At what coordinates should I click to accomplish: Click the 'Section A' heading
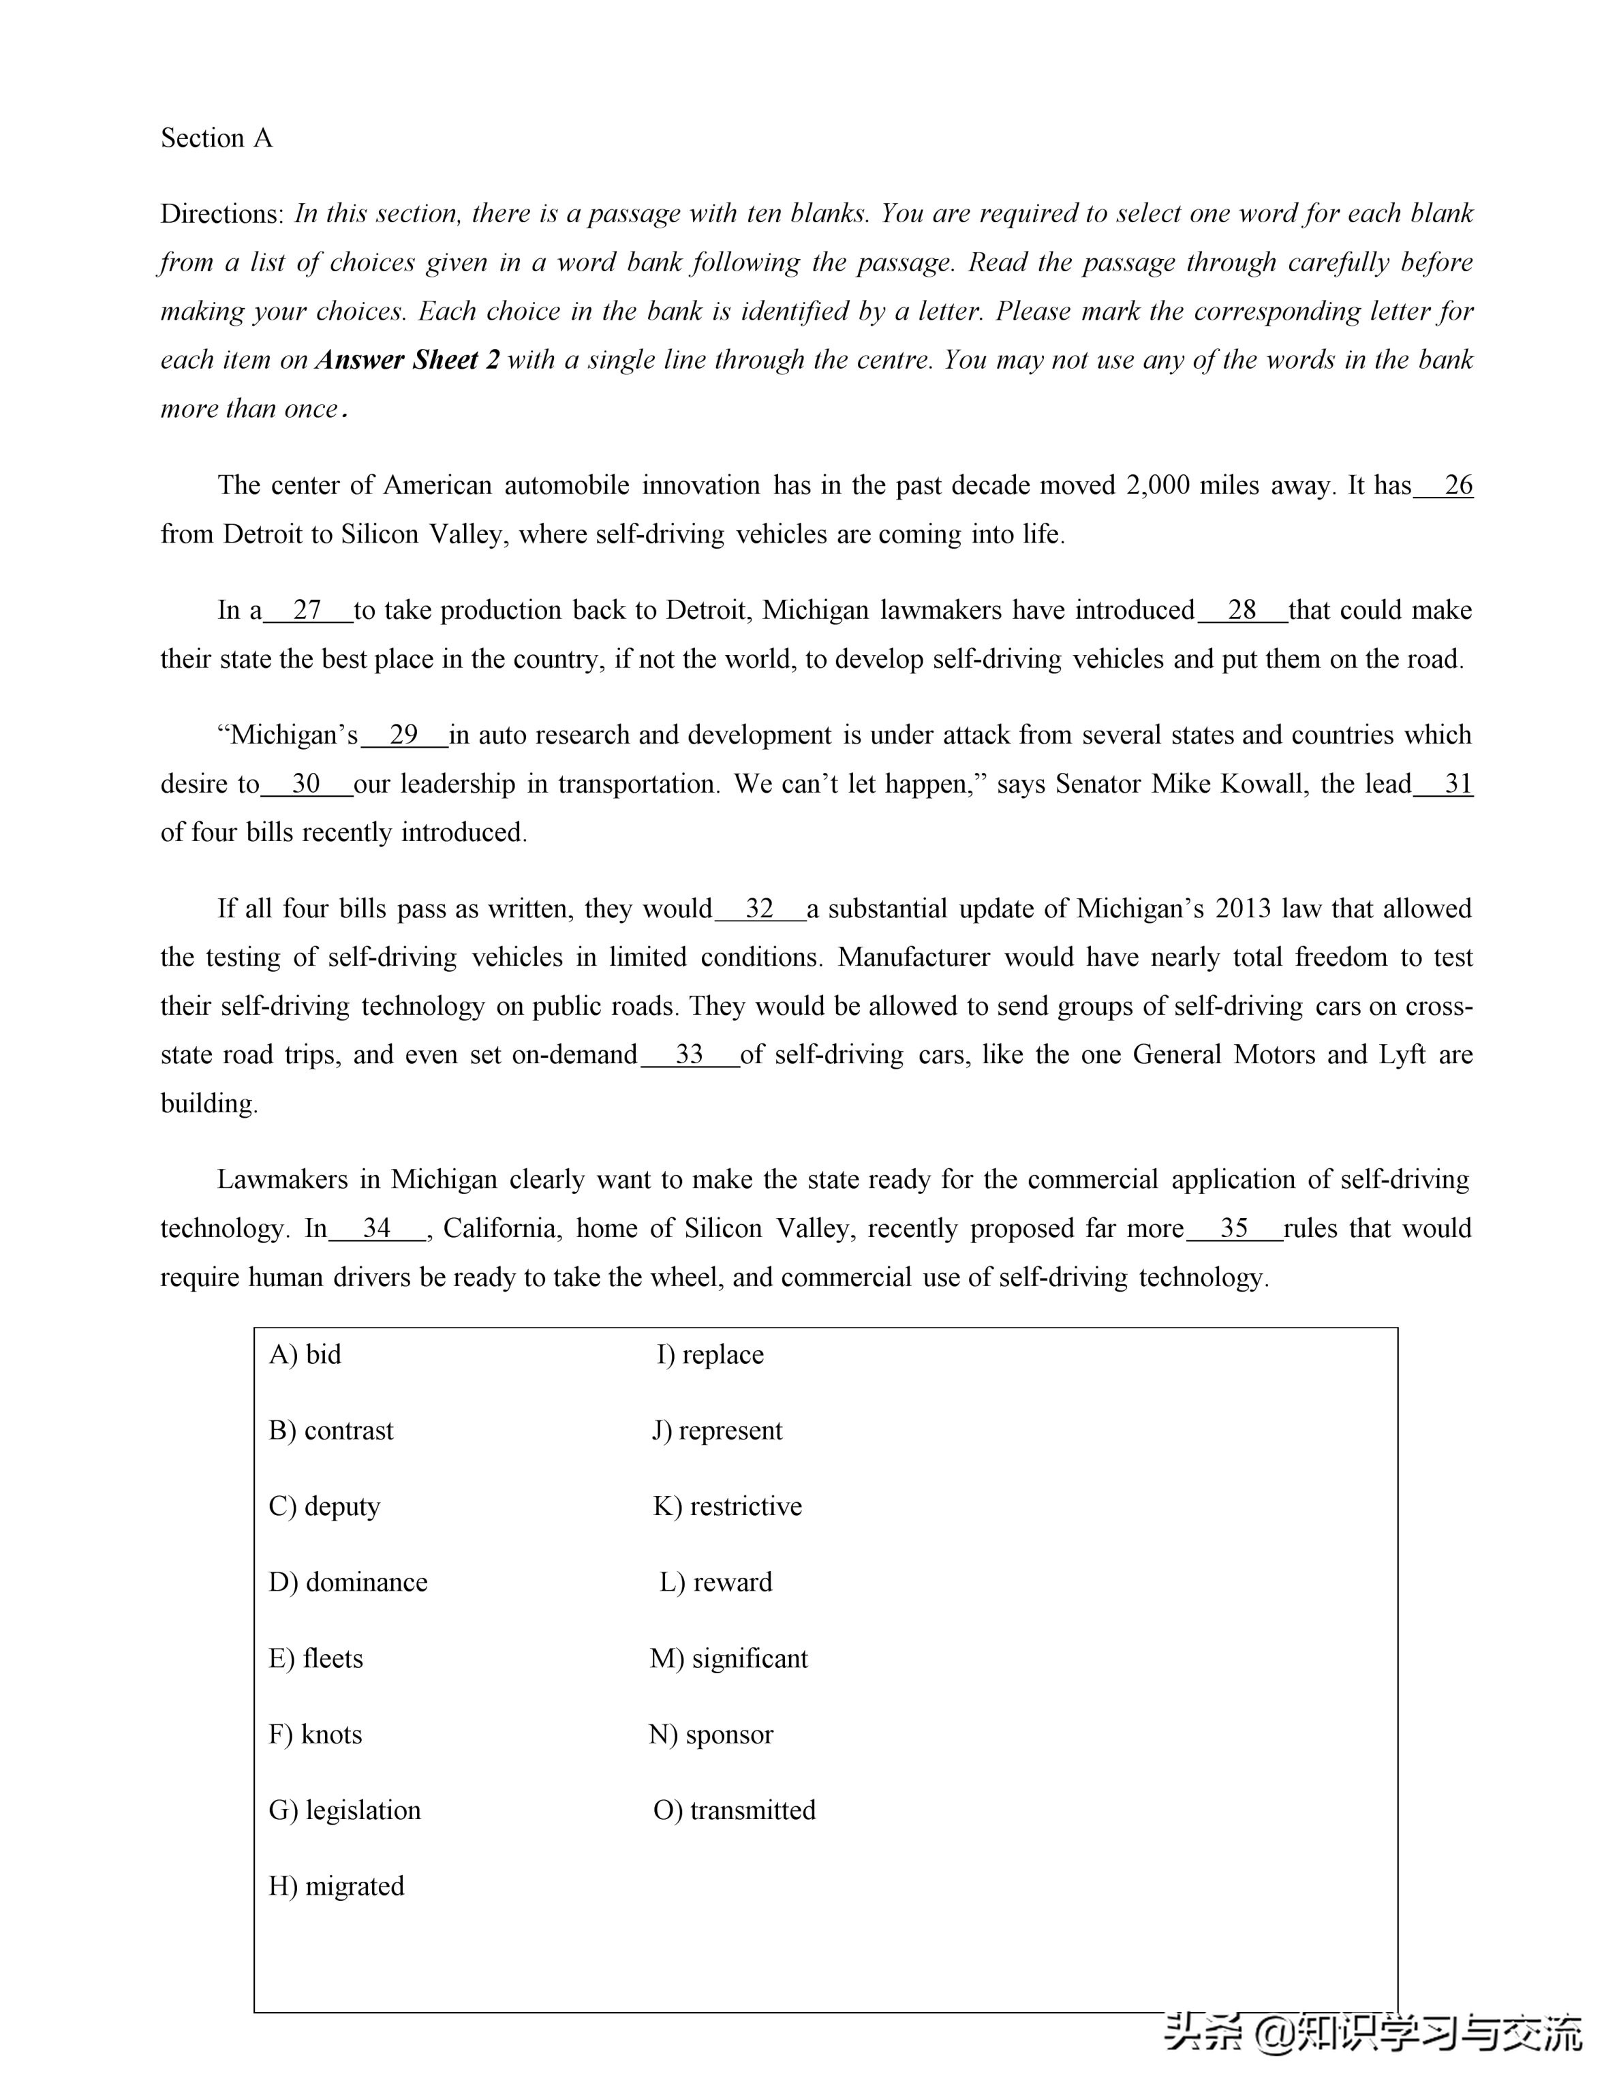point(216,138)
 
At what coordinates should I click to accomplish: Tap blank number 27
point(307,610)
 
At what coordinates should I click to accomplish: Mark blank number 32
point(759,909)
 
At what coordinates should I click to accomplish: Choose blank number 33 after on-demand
point(690,1055)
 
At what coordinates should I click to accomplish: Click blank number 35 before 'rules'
point(1235,1228)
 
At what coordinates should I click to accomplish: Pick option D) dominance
point(348,1582)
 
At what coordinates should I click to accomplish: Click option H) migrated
point(337,1886)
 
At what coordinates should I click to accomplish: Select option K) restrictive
point(728,1506)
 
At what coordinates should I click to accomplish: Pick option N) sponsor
point(711,1734)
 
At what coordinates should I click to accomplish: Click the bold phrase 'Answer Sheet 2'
point(407,361)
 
